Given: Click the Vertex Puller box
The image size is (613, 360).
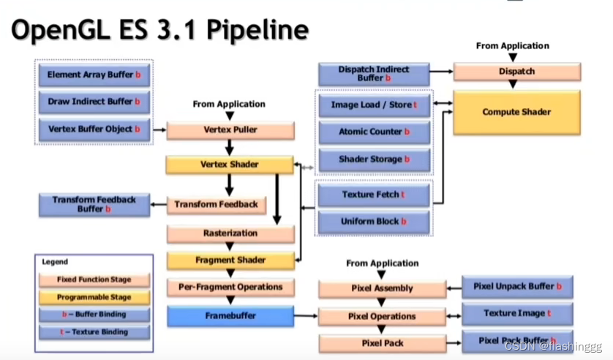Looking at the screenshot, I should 230,131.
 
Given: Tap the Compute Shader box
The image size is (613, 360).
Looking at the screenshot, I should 516,112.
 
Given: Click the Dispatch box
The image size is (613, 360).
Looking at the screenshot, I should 516,72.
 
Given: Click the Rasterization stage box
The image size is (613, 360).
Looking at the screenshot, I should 230,233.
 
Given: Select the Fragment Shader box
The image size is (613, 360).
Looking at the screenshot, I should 230,260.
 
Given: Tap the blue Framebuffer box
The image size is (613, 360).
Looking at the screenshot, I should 230,316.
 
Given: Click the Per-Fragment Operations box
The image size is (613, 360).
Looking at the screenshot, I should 230,287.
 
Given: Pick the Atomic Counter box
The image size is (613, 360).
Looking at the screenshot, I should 374,132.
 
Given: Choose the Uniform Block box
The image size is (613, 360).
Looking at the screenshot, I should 374,221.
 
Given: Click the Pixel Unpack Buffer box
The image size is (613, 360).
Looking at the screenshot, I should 517,287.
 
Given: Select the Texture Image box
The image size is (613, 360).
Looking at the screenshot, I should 517,314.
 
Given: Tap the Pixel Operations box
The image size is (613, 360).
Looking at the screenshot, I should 383,316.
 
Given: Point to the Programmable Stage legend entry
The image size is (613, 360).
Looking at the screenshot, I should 94,297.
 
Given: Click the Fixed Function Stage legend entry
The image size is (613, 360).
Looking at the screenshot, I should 94,280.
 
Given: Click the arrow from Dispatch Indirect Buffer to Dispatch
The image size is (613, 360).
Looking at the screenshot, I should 440,72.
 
